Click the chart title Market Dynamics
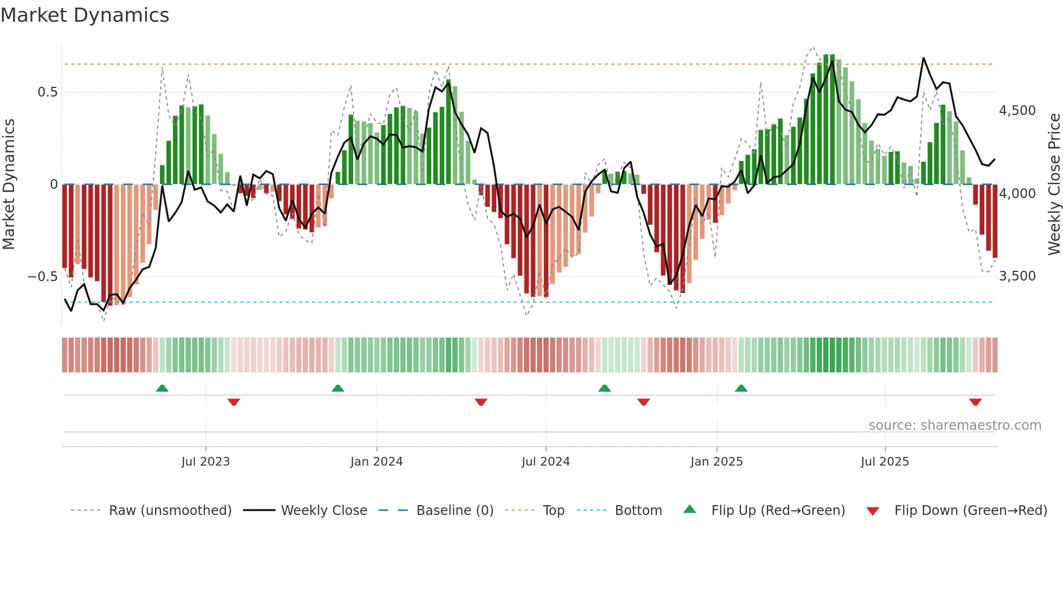85,15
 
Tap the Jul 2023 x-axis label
206,462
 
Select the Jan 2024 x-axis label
376,462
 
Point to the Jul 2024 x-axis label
546,462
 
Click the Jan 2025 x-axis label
716,462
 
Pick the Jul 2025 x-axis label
885,462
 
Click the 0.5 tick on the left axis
47,92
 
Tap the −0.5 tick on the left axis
42,277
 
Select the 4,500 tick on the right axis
1017,111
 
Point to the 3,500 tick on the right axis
1017,276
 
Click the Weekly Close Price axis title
1054,185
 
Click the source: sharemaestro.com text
955,425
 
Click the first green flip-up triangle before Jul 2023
162,388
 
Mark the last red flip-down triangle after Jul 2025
975,402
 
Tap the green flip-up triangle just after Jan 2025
741,388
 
